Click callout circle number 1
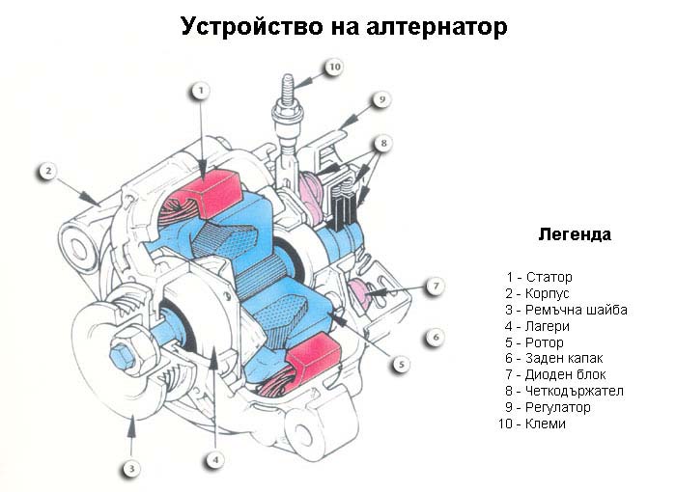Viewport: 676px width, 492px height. click(201, 91)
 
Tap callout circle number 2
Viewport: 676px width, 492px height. click(48, 171)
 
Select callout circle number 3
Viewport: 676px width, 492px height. click(132, 468)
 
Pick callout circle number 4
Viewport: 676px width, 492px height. click(215, 460)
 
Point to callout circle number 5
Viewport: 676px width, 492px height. click(402, 365)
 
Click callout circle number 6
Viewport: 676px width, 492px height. click(436, 337)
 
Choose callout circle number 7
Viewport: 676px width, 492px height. click(436, 286)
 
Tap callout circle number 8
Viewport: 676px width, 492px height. click(383, 143)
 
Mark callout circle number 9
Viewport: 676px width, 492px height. click(382, 100)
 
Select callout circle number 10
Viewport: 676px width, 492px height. click(335, 68)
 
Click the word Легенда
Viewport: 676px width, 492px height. click(575, 234)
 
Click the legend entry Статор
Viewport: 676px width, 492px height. click(549, 277)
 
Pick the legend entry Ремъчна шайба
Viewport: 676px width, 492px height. click(577, 311)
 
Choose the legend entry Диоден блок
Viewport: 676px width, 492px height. click(566, 375)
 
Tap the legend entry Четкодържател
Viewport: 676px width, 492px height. click(575, 391)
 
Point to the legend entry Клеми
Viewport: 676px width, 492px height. click(546, 424)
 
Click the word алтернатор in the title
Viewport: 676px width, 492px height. click(437, 27)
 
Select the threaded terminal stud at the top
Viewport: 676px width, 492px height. click(289, 89)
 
